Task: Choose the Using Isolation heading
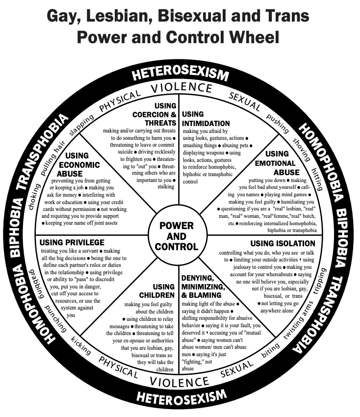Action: coord(283,243)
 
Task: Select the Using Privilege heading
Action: coord(72,242)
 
